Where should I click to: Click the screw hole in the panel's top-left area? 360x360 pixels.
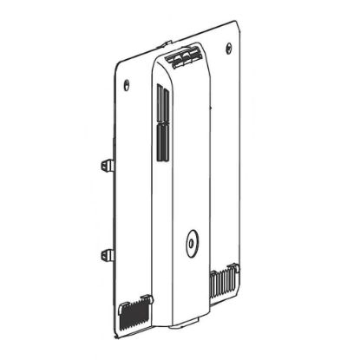point(128,84)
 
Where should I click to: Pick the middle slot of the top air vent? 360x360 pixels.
point(185,56)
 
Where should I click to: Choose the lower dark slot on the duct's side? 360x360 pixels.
point(160,142)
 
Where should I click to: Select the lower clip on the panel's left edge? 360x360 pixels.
point(106,255)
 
